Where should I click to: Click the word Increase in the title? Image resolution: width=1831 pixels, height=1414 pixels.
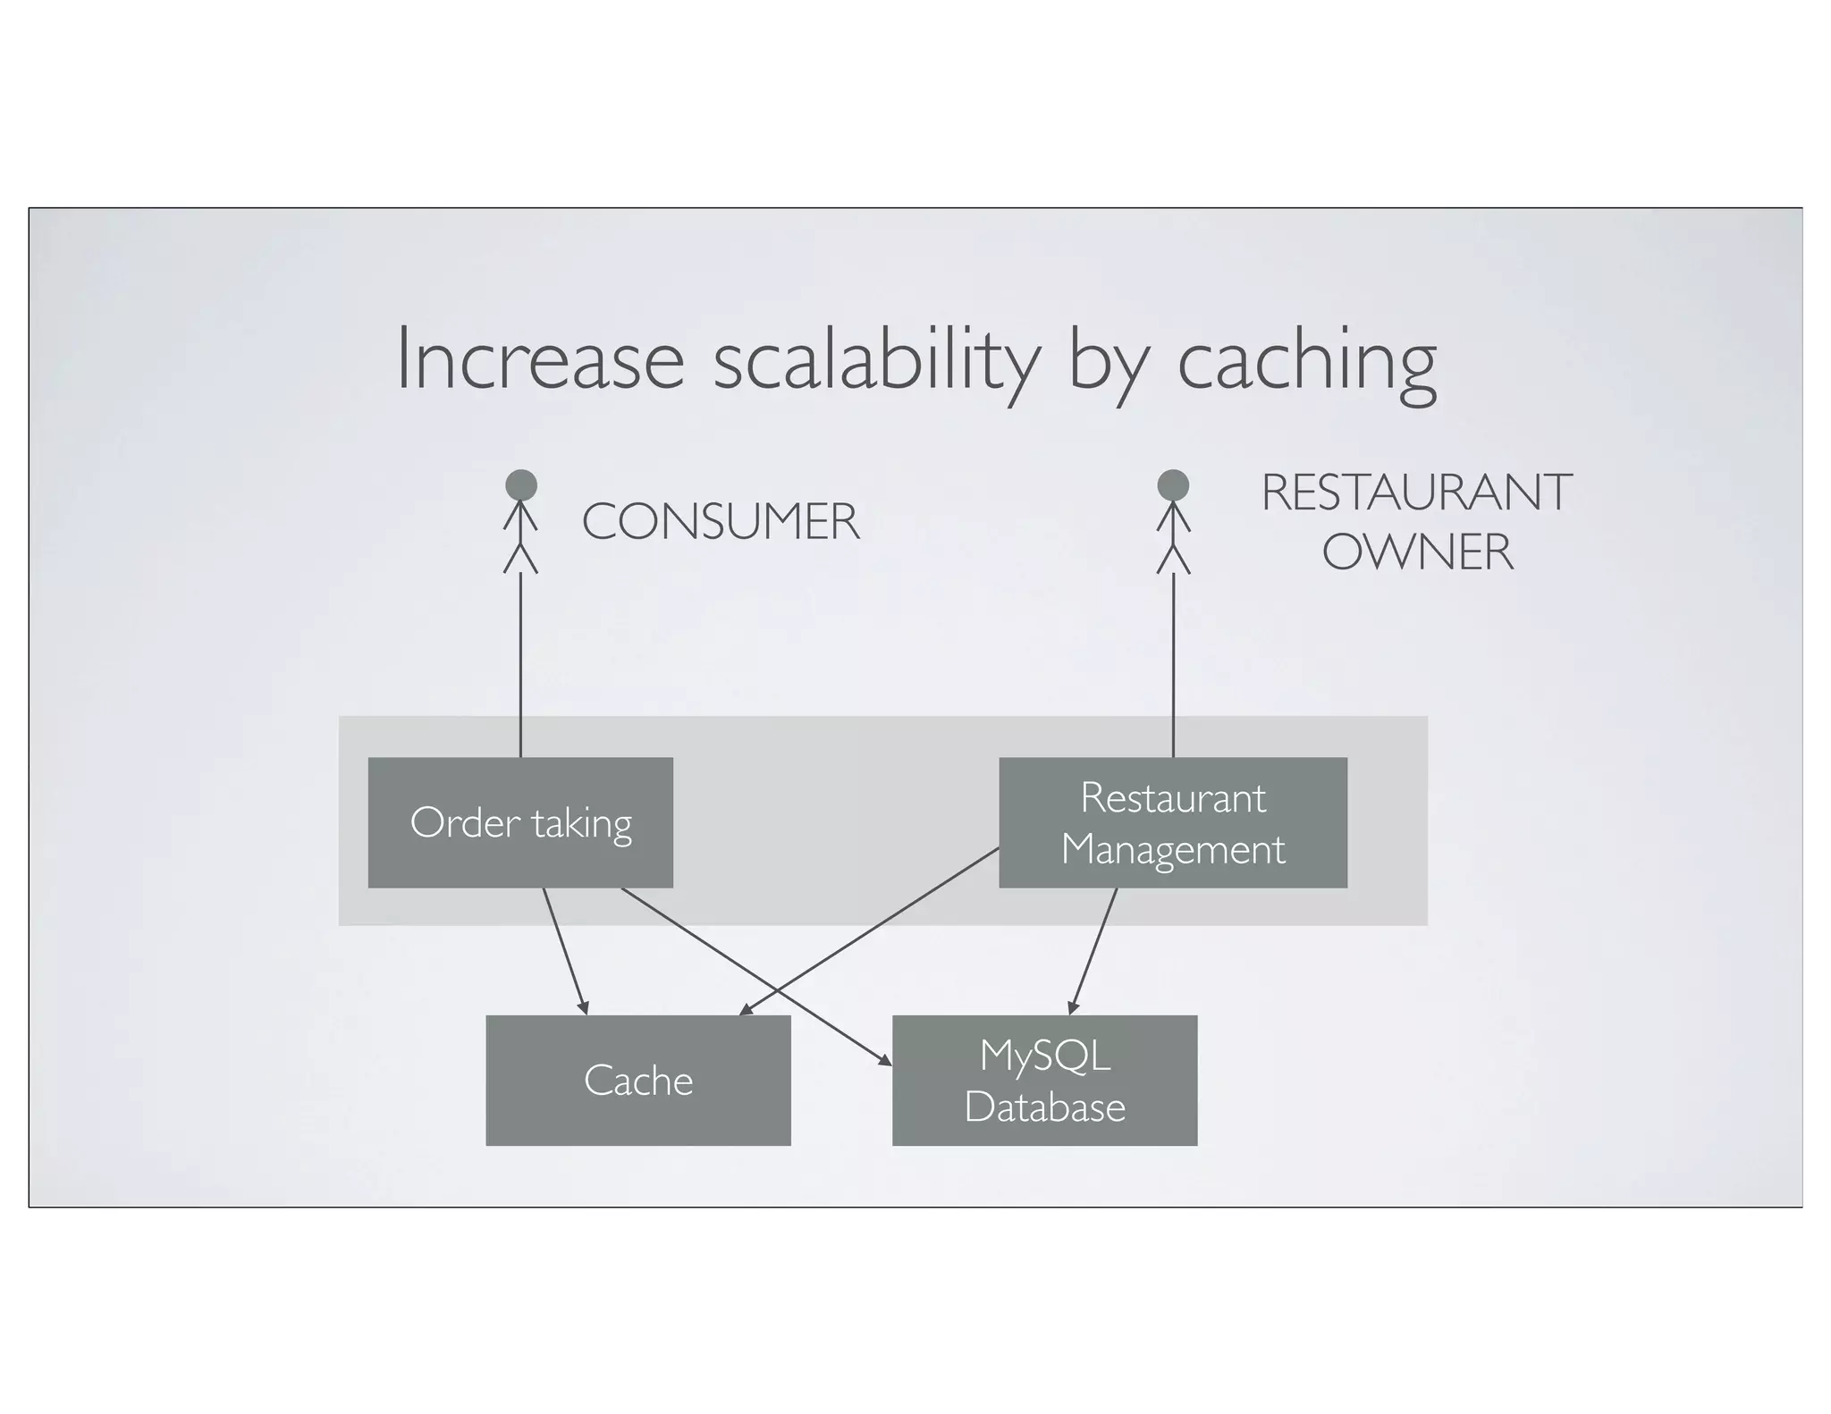pyautogui.click(x=540, y=359)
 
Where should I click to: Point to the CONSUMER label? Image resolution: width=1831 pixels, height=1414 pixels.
pyautogui.click(x=721, y=522)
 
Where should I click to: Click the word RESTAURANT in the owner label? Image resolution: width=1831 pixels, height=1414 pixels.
pyautogui.click(x=1416, y=492)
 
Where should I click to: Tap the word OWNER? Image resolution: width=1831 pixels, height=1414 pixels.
pyautogui.click(x=1418, y=551)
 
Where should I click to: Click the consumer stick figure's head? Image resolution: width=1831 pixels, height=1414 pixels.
pyautogui.click(x=521, y=485)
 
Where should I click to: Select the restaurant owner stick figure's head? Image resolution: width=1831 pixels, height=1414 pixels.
pyautogui.click(x=1173, y=485)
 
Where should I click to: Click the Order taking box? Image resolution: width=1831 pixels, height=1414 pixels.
pyautogui.click(x=520, y=822)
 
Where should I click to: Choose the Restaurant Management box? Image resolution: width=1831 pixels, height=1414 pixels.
pyautogui.click(x=1172, y=822)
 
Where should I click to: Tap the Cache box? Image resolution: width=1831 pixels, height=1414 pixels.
pyautogui.click(x=637, y=1080)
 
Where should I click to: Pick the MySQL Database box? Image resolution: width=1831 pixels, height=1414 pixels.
pyautogui.click(x=1044, y=1080)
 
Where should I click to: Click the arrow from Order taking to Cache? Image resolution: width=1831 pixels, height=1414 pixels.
pyautogui.click(x=565, y=951)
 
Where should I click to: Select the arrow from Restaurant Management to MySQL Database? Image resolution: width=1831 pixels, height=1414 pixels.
pyautogui.click(x=1093, y=951)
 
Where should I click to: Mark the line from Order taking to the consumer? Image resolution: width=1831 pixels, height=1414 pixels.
pyautogui.click(x=520, y=666)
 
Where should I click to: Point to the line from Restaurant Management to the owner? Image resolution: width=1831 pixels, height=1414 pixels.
pyautogui.click(x=1173, y=666)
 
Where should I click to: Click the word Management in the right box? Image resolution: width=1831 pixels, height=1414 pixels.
pyautogui.click(x=1172, y=849)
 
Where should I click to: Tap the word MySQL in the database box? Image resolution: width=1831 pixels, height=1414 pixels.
pyautogui.click(x=1044, y=1056)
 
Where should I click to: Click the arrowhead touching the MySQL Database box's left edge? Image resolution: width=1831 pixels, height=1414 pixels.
pyautogui.click(x=884, y=1060)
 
